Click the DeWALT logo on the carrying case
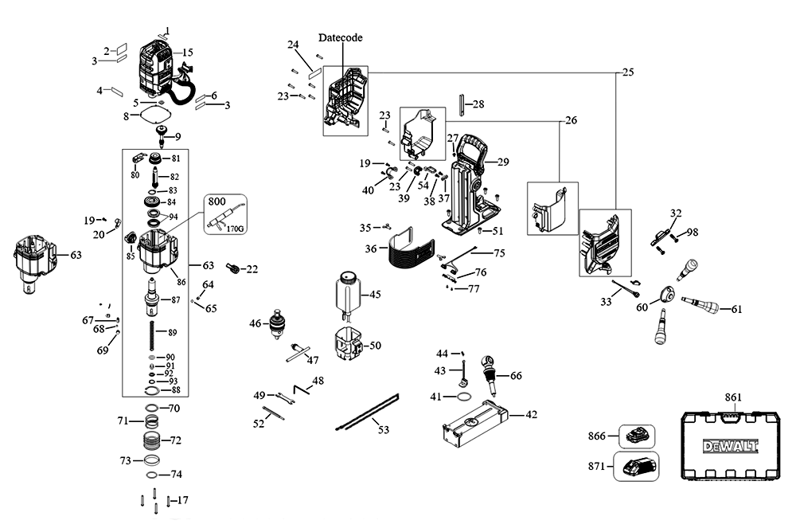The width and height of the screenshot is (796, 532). coord(730,447)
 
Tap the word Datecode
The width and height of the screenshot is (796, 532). coord(340,37)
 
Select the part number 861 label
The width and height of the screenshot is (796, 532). coord(733,397)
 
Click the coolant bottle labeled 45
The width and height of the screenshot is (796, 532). coord(347,293)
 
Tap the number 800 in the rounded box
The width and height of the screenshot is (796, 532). coord(217,201)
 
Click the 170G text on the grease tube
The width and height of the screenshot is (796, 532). coord(235,229)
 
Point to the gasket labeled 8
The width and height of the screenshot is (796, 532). coord(154,114)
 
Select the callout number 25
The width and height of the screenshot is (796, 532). coord(628,72)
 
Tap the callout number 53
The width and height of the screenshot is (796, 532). coord(384,430)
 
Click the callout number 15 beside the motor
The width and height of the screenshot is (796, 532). coord(187,53)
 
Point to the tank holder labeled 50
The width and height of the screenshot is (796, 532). coord(349,344)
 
